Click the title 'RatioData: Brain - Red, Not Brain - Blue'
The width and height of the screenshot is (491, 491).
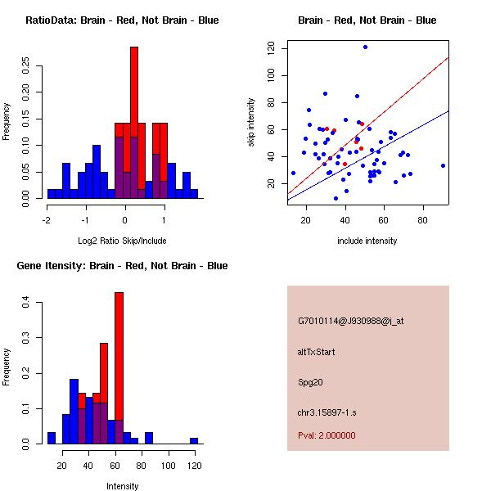pos(122,20)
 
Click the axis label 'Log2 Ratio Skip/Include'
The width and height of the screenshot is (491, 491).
pos(122,241)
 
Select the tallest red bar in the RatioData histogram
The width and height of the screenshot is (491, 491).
pos(134,123)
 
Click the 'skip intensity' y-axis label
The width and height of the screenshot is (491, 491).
pos(253,122)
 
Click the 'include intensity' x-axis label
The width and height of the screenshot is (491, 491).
pos(367,241)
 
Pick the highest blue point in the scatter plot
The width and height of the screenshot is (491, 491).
pos(365,47)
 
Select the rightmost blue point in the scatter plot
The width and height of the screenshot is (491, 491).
pos(443,165)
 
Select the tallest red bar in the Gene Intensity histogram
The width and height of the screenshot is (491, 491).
pos(119,368)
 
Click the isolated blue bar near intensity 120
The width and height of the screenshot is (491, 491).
pos(194,440)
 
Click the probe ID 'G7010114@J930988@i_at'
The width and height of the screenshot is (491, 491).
pos(350,321)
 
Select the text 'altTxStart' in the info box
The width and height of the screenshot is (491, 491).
pos(317,352)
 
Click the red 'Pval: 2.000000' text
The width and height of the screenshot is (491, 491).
pos(327,435)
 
